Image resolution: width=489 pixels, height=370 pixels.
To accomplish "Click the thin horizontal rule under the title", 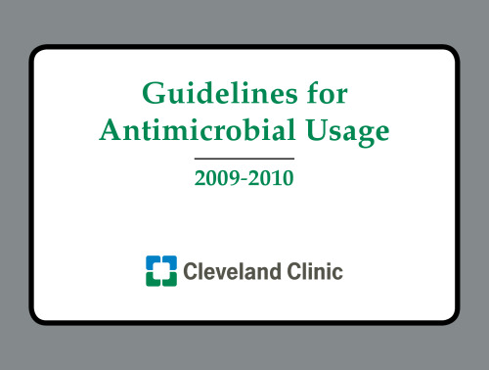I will tap(244, 158).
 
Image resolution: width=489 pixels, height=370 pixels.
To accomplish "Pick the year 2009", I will tap(215, 180).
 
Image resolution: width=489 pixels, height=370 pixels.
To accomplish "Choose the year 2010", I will tap(275, 180).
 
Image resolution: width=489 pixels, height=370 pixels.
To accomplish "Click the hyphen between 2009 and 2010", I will tap(244, 181).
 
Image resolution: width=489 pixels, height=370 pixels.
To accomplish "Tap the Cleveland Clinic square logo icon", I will tap(160, 270).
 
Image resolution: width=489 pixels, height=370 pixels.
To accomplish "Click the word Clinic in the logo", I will tap(315, 271).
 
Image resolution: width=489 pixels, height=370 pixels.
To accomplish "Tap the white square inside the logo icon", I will tap(160, 270).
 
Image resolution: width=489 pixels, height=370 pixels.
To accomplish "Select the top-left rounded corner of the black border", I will tap(37, 53).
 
